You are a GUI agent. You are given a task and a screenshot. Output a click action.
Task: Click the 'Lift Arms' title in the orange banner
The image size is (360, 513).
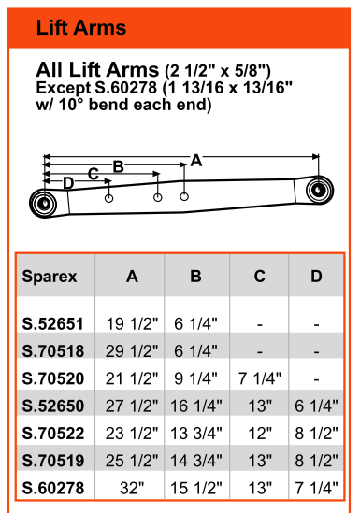pyautogui.click(x=80, y=27)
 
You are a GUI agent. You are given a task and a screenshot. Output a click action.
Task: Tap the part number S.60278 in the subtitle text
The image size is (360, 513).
pyautogui.click(x=125, y=88)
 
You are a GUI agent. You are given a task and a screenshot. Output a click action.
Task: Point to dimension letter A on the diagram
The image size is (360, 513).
pyautogui.click(x=196, y=161)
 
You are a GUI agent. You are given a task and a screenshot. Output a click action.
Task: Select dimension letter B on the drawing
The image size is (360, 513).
pyautogui.click(x=118, y=166)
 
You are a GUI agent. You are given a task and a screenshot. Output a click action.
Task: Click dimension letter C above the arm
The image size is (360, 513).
pyautogui.click(x=94, y=174)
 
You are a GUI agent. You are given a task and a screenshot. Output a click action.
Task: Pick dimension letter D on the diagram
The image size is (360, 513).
pyautogui.click(x=68, y=183)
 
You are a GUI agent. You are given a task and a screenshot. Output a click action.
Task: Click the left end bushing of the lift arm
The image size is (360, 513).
pyautogui.click(x=43, y=204)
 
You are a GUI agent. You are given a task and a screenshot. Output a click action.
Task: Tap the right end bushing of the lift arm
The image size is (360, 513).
pyautogui.click(x=320, y=190)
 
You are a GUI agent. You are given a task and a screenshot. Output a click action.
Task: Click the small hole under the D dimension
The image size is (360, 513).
pyautogui.click(x=109, y=198)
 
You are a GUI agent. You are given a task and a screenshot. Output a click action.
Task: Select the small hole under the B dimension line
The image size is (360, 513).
pyautogui.click(x=184, y=196)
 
